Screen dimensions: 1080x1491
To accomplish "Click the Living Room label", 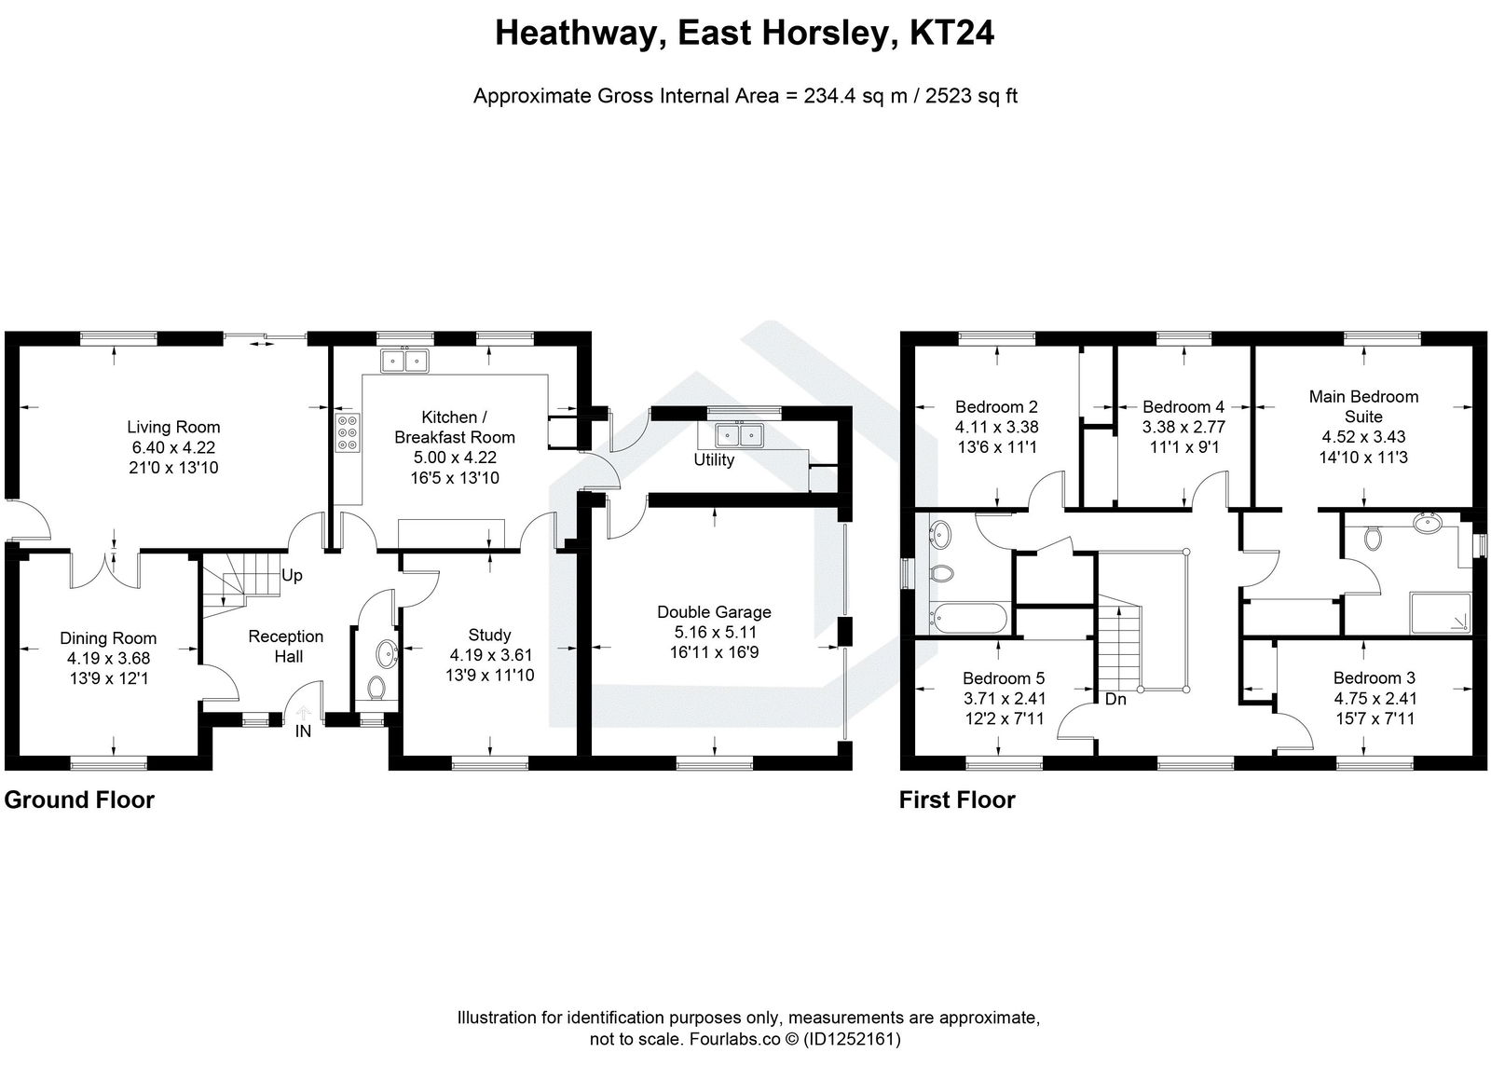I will (173, 427).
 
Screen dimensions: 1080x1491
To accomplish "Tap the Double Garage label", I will (714, 612).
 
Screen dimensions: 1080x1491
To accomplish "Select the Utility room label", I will (714, 459).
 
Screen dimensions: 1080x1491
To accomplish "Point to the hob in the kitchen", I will (347, 432).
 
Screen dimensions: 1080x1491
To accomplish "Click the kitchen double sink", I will (404, 359).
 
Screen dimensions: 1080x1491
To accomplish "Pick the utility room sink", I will (740, 435).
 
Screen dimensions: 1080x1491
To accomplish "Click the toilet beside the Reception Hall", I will (376, 688).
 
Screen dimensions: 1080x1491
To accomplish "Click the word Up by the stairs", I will (292, 575).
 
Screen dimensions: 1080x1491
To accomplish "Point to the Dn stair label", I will (1115, 698).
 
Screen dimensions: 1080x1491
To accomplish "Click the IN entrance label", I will (303, 731).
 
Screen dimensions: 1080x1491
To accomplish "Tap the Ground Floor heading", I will (79, 800).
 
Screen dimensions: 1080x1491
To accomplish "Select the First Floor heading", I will (957, 800).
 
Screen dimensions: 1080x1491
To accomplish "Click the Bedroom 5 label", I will (997, 678).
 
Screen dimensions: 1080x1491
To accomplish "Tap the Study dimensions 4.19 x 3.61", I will (490, 655).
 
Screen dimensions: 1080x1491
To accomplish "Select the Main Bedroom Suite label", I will (1363, 406).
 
